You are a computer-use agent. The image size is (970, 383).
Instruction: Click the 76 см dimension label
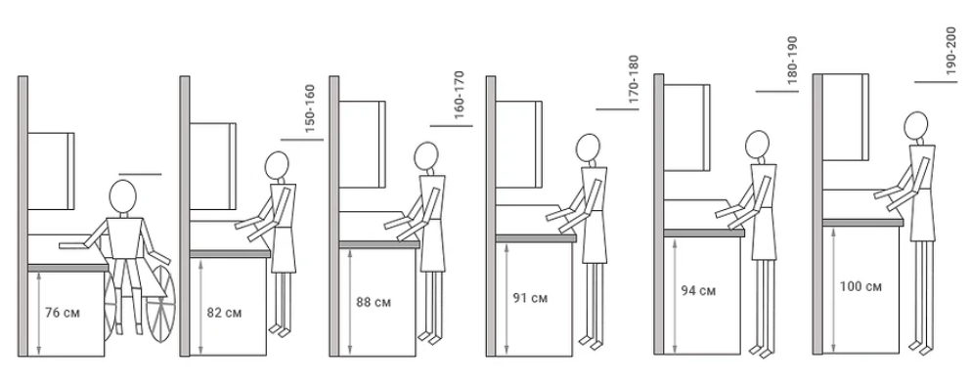coord(63,313)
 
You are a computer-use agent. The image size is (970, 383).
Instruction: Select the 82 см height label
coord(224,313)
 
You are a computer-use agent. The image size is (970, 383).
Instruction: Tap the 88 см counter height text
coord(374,302)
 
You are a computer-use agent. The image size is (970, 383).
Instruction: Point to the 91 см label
coord(530,298)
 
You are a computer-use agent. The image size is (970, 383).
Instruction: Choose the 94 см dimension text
coord(698,290)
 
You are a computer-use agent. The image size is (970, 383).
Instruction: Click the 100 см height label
coord(860,286)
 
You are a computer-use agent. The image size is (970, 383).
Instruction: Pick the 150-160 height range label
coord(310,108)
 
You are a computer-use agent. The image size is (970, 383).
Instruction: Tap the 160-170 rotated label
coord(459,95)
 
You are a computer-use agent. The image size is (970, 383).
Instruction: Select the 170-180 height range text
coord(633,79)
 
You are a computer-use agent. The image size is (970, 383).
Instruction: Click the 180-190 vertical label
coord(792,60)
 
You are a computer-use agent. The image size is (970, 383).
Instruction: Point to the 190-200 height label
coord(951,51)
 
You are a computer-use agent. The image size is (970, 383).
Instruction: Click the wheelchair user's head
coord(122,195)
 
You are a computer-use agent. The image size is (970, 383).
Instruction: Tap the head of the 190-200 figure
coord(915,125)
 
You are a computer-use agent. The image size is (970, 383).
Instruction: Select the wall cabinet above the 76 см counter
coord(51,171)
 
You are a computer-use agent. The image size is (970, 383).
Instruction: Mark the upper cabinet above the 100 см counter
coord(845,116)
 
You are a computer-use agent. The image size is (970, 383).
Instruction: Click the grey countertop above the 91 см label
coord(536,237)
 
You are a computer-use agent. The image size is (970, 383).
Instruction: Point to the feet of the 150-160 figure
coord(281,330)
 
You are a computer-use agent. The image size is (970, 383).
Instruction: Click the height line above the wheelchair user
coord(141,174)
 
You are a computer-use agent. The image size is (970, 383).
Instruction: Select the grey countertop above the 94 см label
coord(704,233)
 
